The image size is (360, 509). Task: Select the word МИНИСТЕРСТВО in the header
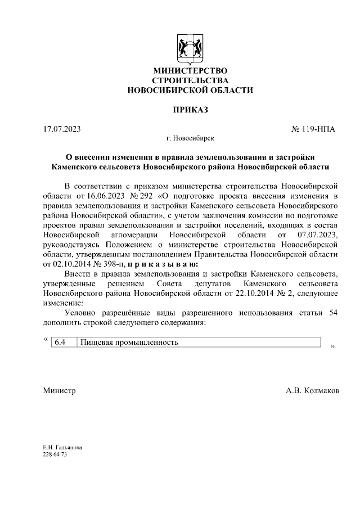(x=190, y=71)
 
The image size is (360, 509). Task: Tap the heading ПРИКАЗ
(x=190, y=110)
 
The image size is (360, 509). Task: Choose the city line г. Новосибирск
(x=190, y=138)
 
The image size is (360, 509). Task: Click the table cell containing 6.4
(x=62, y=342)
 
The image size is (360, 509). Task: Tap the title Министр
(x=59, y=390)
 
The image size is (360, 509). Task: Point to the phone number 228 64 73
(x=55, y=454)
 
